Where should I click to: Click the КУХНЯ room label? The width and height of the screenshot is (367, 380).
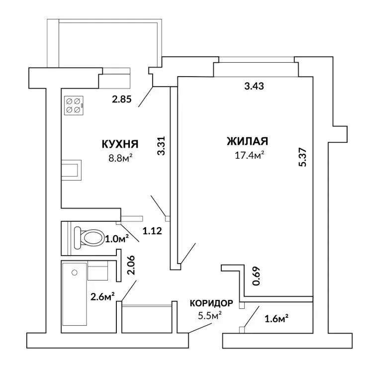point(120,144)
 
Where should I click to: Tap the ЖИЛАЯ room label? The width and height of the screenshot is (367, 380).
point(247,141)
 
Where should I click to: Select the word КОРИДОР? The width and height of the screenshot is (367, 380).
point(211,303)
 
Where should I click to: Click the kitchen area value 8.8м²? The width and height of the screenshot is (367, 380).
point(120,159)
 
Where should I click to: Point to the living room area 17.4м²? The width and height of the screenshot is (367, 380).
point(249,155)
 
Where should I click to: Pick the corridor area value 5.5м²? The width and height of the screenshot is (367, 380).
point(210,315)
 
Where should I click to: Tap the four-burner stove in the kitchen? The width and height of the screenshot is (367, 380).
point(74,105)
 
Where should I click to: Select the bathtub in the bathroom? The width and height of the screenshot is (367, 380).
point(75,294)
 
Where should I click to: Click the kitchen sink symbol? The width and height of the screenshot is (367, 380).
point(71,170)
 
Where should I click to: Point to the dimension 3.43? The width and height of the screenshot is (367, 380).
point(254,86)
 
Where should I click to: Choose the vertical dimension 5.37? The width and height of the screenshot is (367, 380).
point(303,157)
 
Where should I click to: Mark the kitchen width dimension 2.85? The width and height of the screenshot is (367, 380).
point(122,99)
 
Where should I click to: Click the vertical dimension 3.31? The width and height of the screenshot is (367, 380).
point(161,146)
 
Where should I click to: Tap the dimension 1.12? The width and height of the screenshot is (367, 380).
point(152,231)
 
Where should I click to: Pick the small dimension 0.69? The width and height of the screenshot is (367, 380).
point(256,276)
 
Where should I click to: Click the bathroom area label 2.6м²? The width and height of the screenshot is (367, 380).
point(102,296)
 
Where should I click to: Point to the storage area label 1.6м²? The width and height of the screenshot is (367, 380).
point(276,319)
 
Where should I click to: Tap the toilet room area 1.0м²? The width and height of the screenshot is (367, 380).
point(116,239)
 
